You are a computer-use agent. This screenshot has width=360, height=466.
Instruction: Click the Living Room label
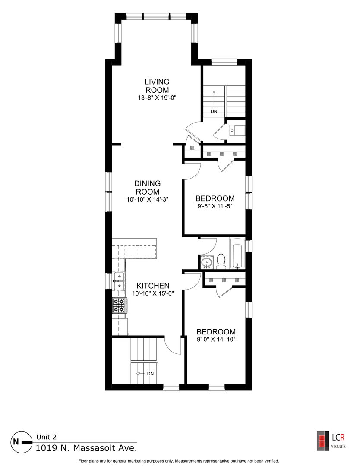[157, 85]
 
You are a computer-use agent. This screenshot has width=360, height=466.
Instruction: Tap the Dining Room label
[148, 188]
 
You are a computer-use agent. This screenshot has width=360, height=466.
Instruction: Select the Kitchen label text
[153, 286]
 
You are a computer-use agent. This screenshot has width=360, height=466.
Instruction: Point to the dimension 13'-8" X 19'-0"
[157, 98]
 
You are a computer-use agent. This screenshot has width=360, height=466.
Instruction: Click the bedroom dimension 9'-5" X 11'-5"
[215, 206]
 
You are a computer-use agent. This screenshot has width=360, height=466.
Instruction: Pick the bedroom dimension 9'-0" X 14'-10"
[216, 340]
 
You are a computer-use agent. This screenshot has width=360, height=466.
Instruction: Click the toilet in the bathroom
[221, 261]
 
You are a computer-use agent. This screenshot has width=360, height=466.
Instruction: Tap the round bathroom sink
[206, 262]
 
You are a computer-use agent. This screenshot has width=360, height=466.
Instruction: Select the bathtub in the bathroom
[237, 253]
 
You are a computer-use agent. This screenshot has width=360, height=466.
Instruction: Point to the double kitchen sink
[119, 281]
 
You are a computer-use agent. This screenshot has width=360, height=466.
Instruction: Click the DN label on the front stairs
[214, 112]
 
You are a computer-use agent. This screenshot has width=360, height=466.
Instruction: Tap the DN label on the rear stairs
[150, 374]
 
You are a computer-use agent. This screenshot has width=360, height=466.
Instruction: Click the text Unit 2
[46, 437]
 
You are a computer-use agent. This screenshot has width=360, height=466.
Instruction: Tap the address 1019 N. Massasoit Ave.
[86, 447]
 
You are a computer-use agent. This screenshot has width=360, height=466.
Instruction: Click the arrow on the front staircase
[214, 98]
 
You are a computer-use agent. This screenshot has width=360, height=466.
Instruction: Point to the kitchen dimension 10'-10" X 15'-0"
[153, 293]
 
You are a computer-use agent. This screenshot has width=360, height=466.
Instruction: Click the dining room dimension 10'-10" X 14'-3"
[148, 199]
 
